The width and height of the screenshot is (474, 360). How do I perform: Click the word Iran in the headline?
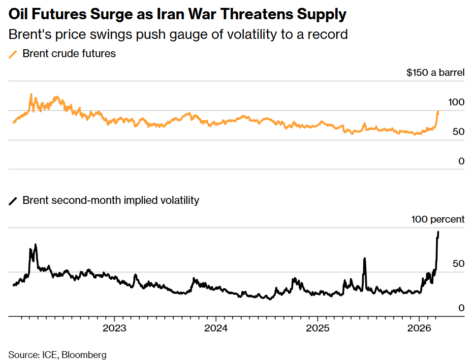[179, 15]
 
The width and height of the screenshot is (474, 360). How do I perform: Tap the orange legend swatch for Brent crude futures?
[13, 54]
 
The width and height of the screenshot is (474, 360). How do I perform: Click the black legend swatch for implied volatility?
[13, 200]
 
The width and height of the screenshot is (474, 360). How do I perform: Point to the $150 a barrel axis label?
[435, 73]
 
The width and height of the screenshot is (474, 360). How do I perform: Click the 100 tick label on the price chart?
[456, 102]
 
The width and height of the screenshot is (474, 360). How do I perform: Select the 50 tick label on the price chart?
[458, 132]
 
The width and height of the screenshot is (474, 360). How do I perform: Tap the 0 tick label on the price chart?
[461, 162]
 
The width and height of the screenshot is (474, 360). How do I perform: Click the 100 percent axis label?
[438, 220]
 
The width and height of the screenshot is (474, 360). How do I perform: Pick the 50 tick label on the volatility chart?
[458, 264]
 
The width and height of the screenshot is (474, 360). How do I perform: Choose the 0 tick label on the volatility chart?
[461, 308]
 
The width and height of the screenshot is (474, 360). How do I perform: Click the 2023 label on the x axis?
[115, 328]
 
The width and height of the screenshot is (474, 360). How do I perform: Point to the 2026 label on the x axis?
[419, 328]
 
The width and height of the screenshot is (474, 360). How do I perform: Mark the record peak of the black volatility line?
[439, 232]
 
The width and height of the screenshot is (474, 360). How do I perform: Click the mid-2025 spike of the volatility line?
[365, 258]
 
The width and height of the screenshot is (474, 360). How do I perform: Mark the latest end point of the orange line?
[438, 112]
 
